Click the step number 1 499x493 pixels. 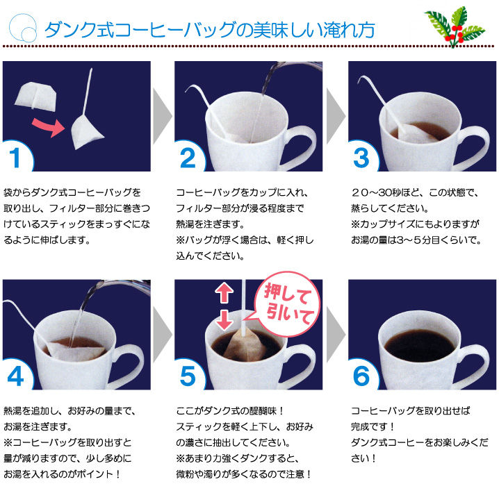15,158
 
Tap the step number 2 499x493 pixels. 188,158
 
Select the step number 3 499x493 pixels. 361,158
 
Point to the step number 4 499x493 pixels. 15,376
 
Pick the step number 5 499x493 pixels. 188,376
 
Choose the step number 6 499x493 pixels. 361,376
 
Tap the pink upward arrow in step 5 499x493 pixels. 224,292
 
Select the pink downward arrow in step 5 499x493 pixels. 224,320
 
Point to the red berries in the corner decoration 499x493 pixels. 455,34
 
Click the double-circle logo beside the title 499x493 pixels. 23,28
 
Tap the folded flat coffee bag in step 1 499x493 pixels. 36,97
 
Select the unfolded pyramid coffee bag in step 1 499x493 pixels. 85,132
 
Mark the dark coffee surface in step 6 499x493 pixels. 420,346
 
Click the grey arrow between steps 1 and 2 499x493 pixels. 163,116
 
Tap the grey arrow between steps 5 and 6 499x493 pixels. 336,335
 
